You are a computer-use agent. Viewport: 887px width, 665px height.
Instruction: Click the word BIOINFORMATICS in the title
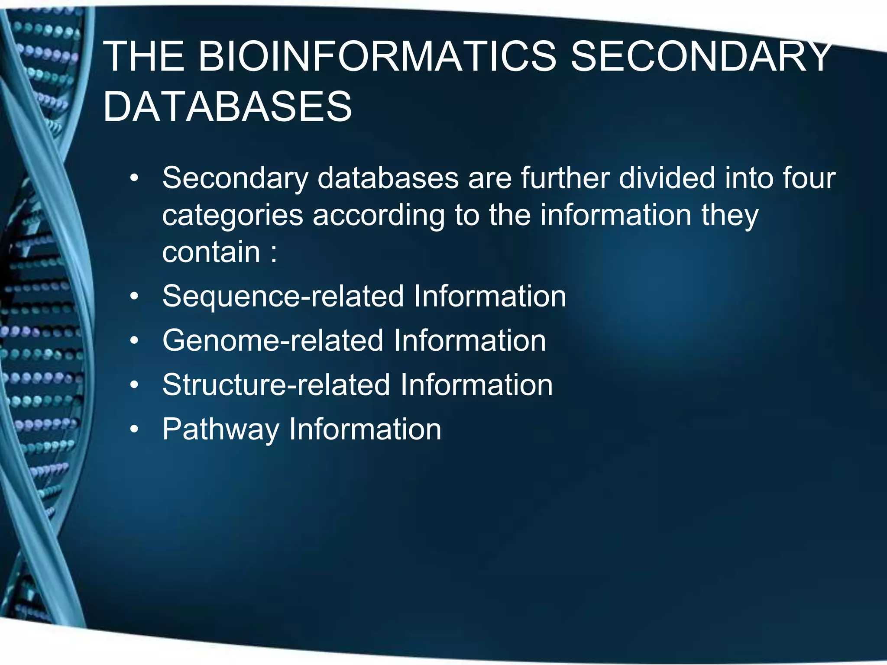point(377,57)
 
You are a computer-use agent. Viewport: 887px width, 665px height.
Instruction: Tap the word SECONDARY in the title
point(700,57)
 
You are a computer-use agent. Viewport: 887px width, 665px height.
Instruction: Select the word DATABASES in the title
point(228,107)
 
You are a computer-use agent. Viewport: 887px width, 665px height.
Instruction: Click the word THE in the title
point(143,57)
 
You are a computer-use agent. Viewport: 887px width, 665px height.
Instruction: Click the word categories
point(233,216)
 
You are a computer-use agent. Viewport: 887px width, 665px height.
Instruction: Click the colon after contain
point(273,253)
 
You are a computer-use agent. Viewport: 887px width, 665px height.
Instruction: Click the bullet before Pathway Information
point(135,429)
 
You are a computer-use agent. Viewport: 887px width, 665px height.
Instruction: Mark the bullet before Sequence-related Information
point(135,297)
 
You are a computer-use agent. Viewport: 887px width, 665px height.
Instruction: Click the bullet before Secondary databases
point(135,178)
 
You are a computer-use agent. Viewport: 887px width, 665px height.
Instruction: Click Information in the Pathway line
point(365,429)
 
